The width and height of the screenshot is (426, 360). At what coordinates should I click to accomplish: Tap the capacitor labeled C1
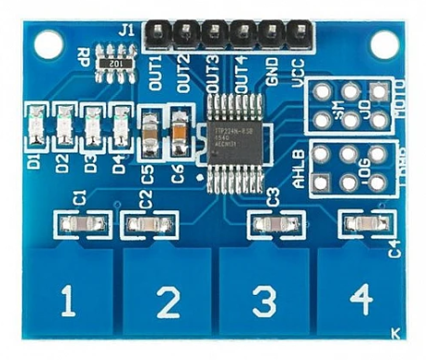77,223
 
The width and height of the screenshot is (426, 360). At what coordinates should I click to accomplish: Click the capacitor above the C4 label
363,224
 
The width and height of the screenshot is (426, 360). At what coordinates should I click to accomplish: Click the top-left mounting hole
47,42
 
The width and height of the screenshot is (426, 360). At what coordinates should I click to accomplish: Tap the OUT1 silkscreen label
154,69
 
